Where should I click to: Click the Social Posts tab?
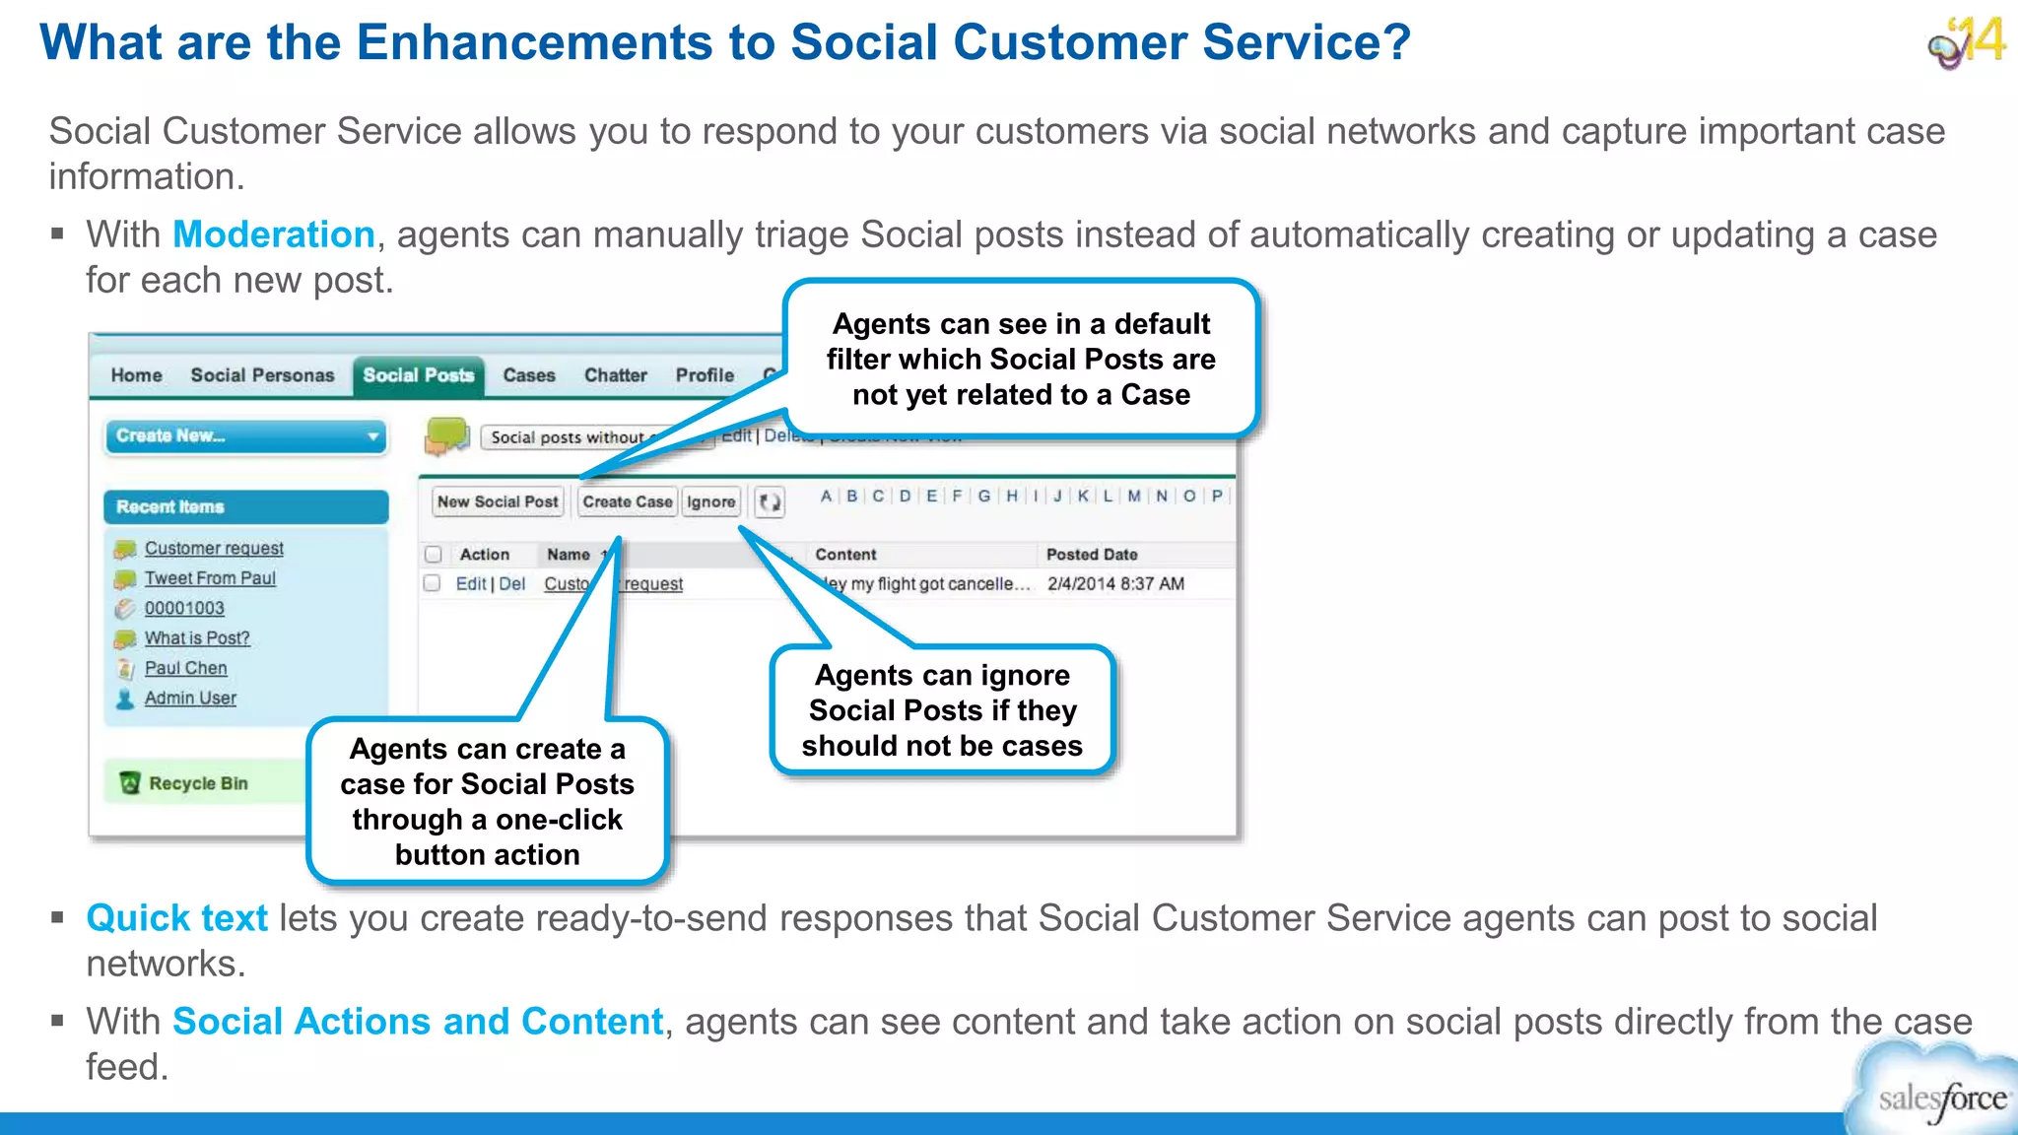coord(418,375)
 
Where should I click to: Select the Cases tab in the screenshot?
coord(529,375)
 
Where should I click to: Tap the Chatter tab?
coord(615,375)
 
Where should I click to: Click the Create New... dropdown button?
coord(245,435)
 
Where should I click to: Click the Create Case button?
coord(627,501)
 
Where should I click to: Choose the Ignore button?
coord(710,501)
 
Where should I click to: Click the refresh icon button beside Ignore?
coord(770,502)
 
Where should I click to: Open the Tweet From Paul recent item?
coord(209,578)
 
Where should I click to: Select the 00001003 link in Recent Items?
coord(184,608)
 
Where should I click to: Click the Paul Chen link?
coord(185,668)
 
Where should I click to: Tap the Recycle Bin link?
coord(197,783)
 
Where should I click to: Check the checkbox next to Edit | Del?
coord(432,583)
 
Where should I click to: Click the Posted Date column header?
coord(1092,555)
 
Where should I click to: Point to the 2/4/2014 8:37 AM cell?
coord(1115,583)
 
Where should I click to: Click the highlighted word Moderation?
coord(273,234)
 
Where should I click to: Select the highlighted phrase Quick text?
coord(176,918)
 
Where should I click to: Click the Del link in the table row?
coord(511,583)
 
